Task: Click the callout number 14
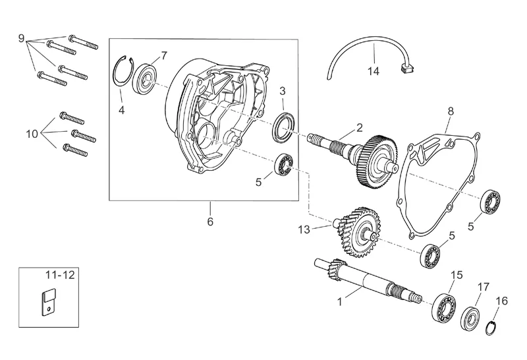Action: pos(373,71)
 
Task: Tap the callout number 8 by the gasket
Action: pos(451,111)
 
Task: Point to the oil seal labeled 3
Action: pos(285,127)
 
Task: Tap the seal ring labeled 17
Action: pos(470,318)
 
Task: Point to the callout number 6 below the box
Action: pos(210,222)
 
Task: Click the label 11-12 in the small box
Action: pos(60,275)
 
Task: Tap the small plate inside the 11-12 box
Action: pos(47,302)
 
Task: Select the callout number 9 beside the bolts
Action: pos(21,38)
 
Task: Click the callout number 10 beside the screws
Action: pos(32,134)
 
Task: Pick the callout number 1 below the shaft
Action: pos(339,301)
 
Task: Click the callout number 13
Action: pos(304,230)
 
